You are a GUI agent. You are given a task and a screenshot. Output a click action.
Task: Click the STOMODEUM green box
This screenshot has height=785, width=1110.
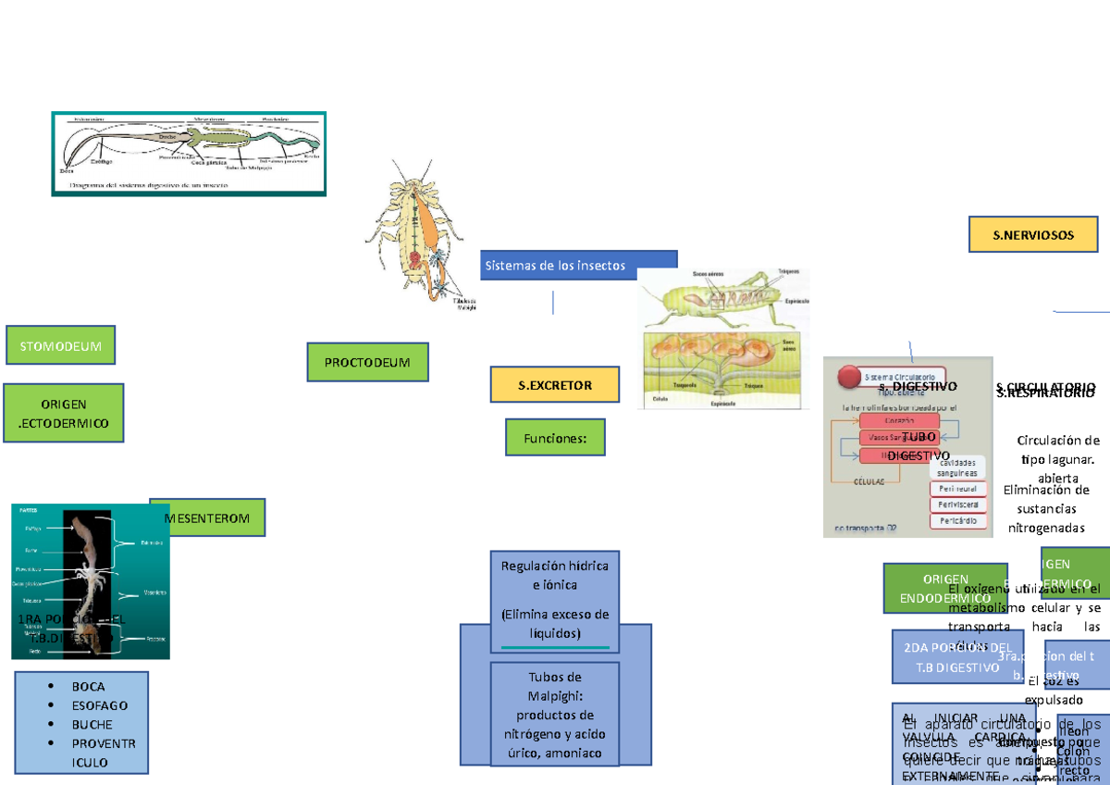pos(60,346)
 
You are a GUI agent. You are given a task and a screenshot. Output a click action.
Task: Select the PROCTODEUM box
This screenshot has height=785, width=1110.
pos(367,362)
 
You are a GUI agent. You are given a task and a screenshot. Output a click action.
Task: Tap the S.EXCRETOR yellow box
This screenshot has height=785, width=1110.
pos(554,384)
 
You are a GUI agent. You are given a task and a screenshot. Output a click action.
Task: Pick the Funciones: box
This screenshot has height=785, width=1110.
pos(555,437)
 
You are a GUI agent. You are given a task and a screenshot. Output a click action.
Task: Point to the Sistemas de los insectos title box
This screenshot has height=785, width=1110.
pos(578,265)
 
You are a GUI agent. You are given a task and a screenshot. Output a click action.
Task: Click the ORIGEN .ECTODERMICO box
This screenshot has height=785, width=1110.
pos(64,414)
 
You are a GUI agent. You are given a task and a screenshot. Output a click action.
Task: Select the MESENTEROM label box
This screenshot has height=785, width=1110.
pos(209,518)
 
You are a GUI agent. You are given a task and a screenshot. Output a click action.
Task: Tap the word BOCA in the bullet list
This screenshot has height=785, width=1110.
pos(89,687)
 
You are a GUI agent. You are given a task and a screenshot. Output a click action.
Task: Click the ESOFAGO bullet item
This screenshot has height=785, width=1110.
pos(100,705)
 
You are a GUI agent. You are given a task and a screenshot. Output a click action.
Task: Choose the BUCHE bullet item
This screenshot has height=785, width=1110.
pos(92,725)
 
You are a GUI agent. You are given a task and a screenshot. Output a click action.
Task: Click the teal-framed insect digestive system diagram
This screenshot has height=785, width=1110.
pos(189,154)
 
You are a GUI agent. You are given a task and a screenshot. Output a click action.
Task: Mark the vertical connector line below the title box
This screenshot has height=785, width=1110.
pos(553,302)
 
